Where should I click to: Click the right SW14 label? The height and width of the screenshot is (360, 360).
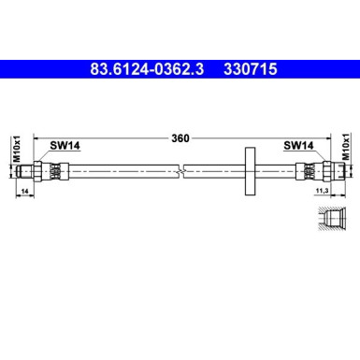pos(296,146)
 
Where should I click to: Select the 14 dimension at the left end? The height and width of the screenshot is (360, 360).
pos(23,191)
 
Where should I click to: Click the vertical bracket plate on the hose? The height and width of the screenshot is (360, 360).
pos(249,170)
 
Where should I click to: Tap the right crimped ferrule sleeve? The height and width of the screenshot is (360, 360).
pos(303,170)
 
